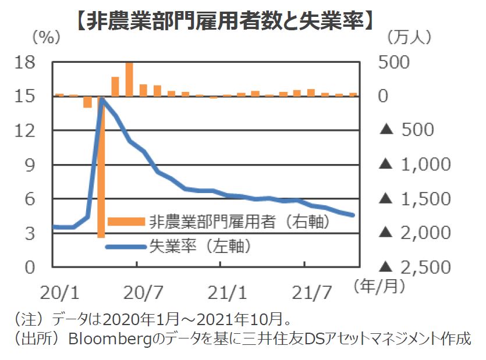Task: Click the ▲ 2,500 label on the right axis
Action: pyautogui.click(x=414, y=268)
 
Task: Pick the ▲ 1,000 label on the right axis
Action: pyautogui.click(x=414, y=165)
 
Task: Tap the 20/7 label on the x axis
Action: pyautogui.click(x=136, y=289)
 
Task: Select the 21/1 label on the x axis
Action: pyautogui.click(x=220, y=289)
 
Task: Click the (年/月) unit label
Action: pyautogui.click(x=376, y=286)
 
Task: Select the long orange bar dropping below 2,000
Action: pyautogui.click(x=101, y=174)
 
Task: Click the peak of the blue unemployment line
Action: pyautogui.click(x=102, y=99)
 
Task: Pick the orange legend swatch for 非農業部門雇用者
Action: pyautogui.click(x=125, y=221)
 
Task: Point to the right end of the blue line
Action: pyautogui.click(x=353, y=215)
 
